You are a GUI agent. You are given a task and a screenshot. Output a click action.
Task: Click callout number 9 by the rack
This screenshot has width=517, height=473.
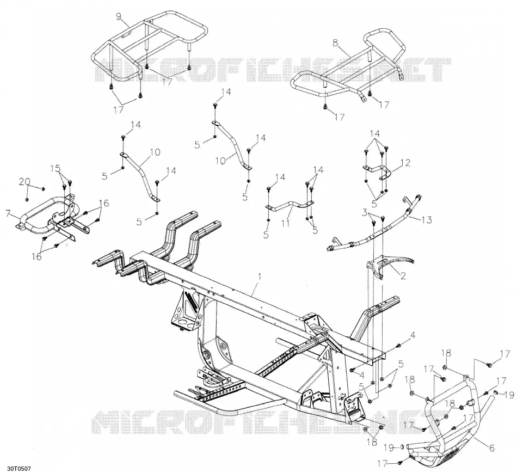(x=119, y=15)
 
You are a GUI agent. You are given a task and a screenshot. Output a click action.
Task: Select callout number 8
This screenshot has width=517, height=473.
(x=336, y=43)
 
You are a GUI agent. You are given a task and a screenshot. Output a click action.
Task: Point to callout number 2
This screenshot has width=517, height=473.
(x=403, y=275)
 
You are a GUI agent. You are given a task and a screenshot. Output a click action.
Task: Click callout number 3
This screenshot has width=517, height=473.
(x=364, y=213)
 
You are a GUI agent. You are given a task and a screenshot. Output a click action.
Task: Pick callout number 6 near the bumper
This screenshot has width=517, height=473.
(x=491, y=447)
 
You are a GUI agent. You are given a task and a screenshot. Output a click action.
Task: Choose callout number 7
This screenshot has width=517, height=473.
(x=8, y=213)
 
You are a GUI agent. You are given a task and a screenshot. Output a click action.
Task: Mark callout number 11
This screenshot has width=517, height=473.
(x=286, y=223)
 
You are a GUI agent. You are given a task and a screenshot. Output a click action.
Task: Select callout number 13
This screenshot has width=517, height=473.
(x=427, y=219)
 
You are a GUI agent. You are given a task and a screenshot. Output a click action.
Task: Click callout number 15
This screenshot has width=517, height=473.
(x=56, y=168)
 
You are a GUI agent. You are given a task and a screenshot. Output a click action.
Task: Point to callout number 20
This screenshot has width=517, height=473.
(x=24, y=181)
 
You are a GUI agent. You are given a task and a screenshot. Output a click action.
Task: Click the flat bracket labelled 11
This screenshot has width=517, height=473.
(x=290, y=206)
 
